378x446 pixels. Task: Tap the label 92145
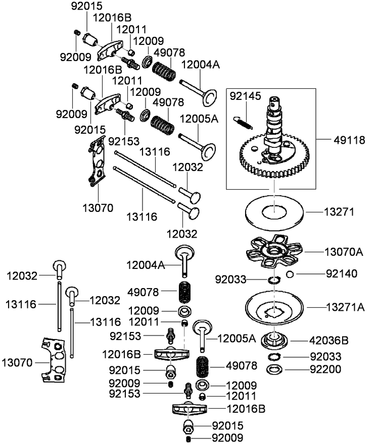245,95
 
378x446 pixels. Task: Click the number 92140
342,274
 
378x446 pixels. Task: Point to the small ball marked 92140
289,274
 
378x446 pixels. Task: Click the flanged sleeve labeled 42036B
274,341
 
